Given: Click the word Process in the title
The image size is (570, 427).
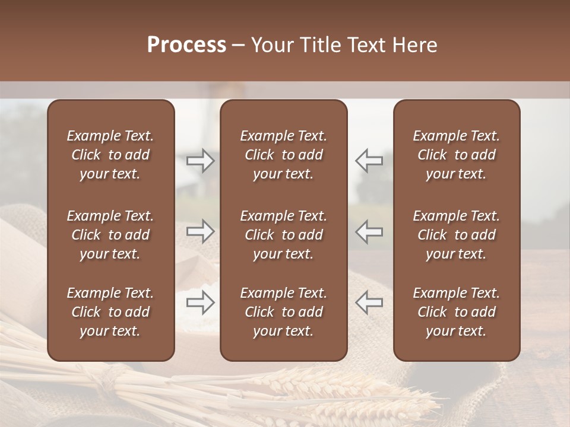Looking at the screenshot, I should click(x=186, y=45).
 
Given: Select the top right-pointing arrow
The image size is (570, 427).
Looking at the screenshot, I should click(x=201, y=160).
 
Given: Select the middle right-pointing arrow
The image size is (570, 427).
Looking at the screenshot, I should click(x=201, y=231).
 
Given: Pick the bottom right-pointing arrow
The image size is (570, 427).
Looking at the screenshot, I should click(x=201, y=302).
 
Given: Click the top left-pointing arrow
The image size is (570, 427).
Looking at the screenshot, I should click(x=369, y=160).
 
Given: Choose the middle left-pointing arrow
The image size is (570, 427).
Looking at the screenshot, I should click(x=369, y=231).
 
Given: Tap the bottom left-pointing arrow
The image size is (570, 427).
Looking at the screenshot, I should click(x=369, y=302).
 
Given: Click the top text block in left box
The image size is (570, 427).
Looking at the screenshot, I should click(x=110, y=155).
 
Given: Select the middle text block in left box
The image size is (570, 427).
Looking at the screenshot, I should click(x=110, y=235).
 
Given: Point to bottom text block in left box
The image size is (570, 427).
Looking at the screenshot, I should click(x=110, y=312).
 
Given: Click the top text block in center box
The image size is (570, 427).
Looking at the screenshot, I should click(x=283, y=155).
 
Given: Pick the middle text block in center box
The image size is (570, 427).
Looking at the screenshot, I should click(x=283, y=235).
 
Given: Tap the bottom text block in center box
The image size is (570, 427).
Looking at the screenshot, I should click(x=283, y=312).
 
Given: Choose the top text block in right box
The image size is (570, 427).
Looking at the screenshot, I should click(x=456, y=155).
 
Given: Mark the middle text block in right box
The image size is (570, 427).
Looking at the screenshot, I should click(x=456, y=235).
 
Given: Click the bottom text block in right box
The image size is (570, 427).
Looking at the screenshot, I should click(x=456, y=312).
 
